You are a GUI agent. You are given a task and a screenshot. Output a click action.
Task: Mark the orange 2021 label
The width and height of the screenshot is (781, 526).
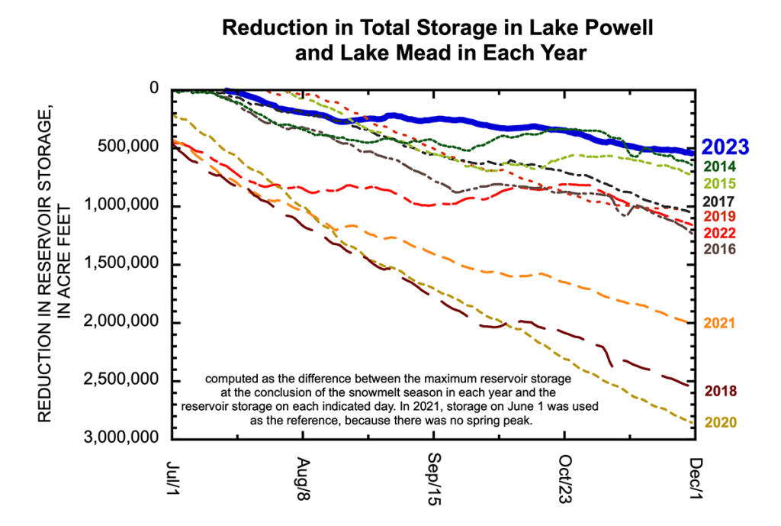[719, 323]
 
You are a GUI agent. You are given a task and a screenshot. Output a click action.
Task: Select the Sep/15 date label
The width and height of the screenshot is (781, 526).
[434, 480]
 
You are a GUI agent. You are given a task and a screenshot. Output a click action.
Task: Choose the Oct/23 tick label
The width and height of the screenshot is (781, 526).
[565, 480]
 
